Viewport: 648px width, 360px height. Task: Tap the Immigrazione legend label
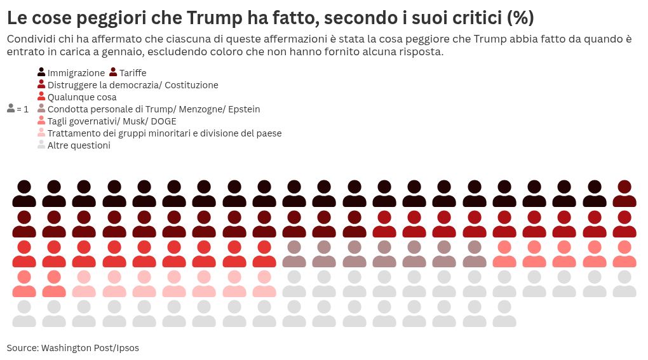click(76, 73)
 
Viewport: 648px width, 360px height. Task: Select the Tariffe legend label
click(132, 73)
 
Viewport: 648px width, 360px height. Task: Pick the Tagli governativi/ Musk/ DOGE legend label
click(112, 121)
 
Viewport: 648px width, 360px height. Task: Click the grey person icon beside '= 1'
click(11, 109)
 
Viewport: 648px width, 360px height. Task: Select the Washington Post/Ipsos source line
click(73, 348)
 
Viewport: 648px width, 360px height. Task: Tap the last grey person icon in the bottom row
click(504, 314)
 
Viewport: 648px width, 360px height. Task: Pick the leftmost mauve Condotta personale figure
click(294, 254)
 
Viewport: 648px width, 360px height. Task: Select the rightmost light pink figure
click(264, 284)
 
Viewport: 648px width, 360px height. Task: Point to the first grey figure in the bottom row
click(24, 314)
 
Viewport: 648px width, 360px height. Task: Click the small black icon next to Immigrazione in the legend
click(41, 72)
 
